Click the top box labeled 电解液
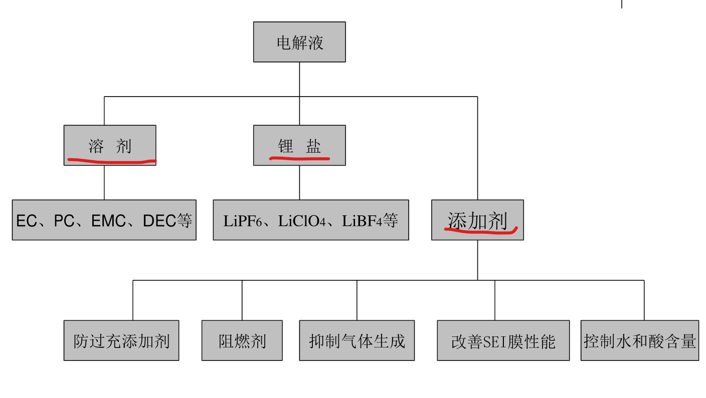(299, 42)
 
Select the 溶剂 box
(110, 145)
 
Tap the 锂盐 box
(299, 145)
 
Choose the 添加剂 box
(477, 220)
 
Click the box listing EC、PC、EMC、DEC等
(104, 220)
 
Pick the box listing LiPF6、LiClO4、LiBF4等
(311, 220)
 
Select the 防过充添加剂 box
(121, 340)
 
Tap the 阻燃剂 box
(242, 340)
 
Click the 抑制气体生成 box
(357, 340)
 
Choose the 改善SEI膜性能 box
(503, 340)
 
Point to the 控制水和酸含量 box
(640, 340)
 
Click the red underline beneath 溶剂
(111, 161)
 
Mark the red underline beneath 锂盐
(299, 159)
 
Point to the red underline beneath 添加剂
(480, 231)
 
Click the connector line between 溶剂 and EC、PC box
(104, 183)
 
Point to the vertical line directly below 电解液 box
(299, 79)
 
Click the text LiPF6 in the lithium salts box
(243, 221)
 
